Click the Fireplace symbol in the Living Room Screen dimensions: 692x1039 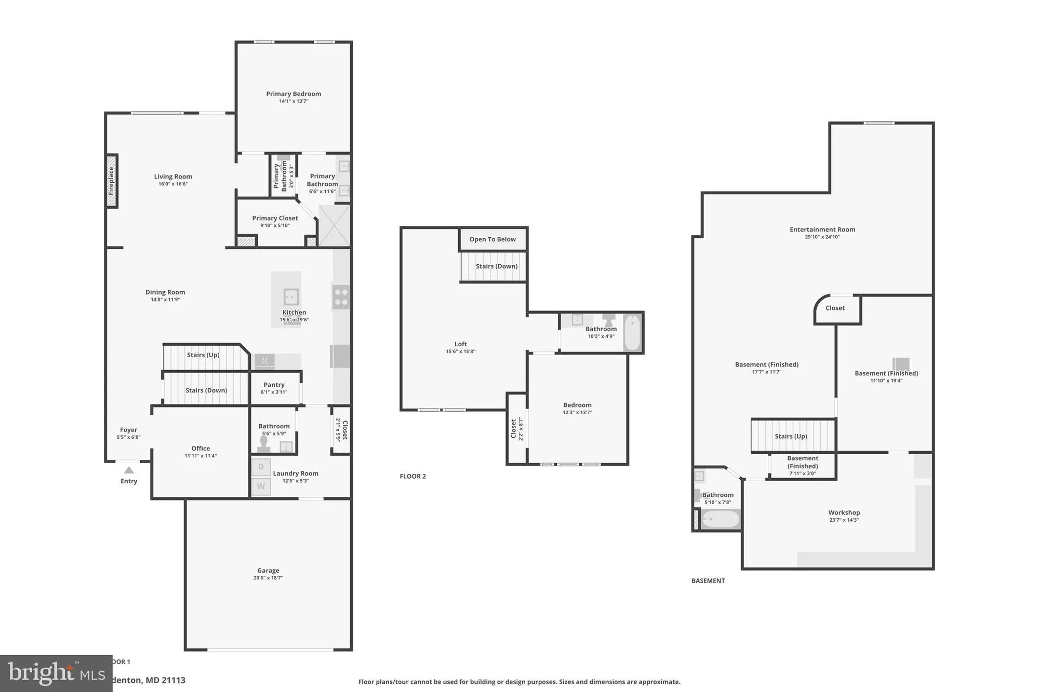point(111,181)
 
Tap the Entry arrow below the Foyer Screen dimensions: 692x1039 point(129,470)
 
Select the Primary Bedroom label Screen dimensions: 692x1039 point(294,94)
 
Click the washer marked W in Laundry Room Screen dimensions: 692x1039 point(261,486)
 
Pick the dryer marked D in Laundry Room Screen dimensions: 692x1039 point(261,467)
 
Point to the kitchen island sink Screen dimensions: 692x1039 point(291,297)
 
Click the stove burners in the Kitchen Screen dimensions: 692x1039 point(341,296)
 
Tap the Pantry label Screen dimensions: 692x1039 point(274,385)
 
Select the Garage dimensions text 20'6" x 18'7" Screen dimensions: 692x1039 point(268,578)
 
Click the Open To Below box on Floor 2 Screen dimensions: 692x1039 point(492,239)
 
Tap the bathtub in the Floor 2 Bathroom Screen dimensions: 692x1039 point(632,333)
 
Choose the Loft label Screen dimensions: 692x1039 point(460,344)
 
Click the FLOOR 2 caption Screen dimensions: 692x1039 point(412,476)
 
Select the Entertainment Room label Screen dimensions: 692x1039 point(822,229)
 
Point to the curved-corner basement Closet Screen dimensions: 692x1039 point(835,309)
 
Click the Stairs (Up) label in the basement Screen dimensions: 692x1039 point(791,436)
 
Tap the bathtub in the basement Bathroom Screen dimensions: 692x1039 point(721,519)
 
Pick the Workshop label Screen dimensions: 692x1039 point(844,512)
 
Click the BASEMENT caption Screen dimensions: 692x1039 point(708,581)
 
